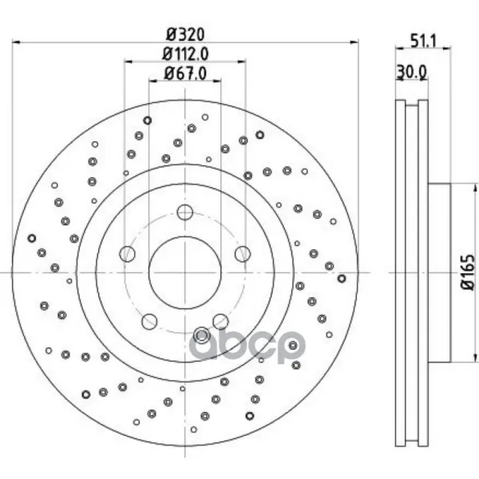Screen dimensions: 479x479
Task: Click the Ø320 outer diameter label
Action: [x=185, y=34]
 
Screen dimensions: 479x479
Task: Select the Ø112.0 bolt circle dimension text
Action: [x=185, y=54]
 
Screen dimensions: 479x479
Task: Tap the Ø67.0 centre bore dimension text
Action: [x=185, y=73]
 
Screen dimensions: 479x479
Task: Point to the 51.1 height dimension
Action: [x=424, y=41]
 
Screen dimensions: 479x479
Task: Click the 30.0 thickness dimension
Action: [x=411, y=73]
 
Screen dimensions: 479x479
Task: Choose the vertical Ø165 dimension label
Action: [x=468, y=272]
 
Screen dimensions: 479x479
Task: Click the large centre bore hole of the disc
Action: [x=185, y=272]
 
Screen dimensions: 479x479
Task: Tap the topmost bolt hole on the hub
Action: [x=185, y=212]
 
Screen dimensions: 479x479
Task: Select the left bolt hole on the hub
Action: [x=127, y=254]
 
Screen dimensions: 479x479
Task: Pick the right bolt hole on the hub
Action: [x=243, y=254]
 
